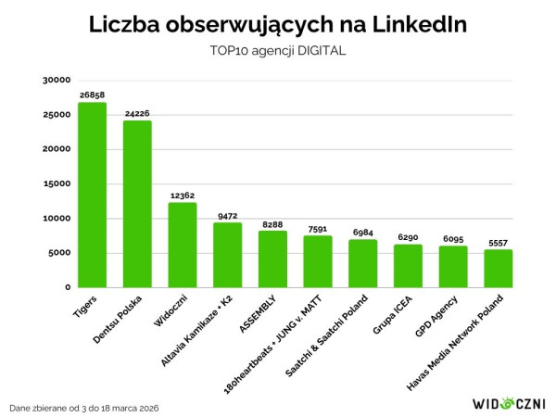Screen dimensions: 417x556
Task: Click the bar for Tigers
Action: (92, 195)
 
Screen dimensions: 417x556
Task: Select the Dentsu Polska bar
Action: (137, 204)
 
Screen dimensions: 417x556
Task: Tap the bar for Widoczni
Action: (183, 245)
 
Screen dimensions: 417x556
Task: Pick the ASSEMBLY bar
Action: (272, 259)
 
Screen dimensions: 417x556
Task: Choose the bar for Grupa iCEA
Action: (408, 266)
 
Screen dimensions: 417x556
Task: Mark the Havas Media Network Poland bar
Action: (499, 268)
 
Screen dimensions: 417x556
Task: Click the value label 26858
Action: (92, 95)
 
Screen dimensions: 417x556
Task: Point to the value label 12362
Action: (183, 196)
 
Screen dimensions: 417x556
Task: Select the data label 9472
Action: (227, 216)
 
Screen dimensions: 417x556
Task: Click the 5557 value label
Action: (499, 243)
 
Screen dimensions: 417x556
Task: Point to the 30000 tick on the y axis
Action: (57, 81)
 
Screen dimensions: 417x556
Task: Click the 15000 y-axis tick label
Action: (57, 183)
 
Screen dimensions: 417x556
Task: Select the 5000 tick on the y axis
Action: (59, 253)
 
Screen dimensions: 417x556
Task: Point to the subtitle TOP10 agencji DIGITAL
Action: (278, 51)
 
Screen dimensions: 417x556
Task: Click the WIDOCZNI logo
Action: (509, 403)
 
